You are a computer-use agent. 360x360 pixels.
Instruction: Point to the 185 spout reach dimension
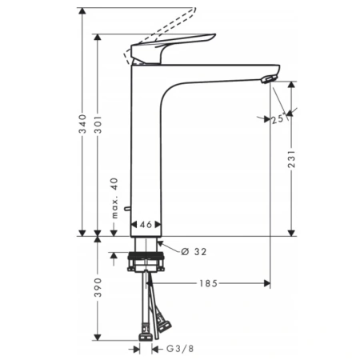(x=210, y=283)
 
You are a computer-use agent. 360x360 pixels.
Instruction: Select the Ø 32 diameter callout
(x=190, y=250)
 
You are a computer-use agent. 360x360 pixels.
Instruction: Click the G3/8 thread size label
(x=178, y=349)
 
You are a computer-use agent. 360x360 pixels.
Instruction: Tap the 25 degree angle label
(x=278, y=119)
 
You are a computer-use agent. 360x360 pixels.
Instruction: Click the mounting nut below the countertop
(x=146, y=261)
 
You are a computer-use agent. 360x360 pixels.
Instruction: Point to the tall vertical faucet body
(x=146, y=152)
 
